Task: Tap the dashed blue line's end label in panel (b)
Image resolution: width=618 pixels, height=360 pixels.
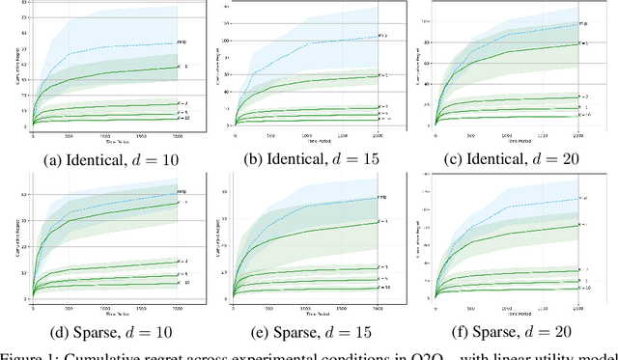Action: pyautogui.click(x=383, y=37)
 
